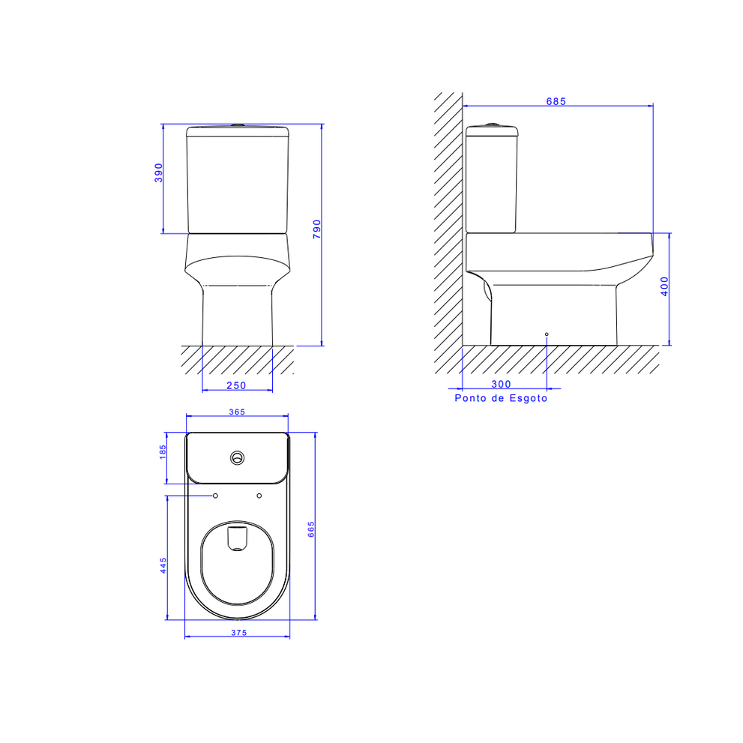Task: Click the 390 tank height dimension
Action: tap(159, 173)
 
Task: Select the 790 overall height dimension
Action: tap(317, 229)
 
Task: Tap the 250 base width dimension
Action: tap(236, 385)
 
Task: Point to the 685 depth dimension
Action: tap(556, 101)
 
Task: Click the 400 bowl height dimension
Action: tap(664, 286)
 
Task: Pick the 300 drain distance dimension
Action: tap(502, 385)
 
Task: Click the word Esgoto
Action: tap(529, 398)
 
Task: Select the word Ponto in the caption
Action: tap(471, 398)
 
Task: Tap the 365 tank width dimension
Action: tap(237, 412)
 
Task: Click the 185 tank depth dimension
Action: tap(163, 451)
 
